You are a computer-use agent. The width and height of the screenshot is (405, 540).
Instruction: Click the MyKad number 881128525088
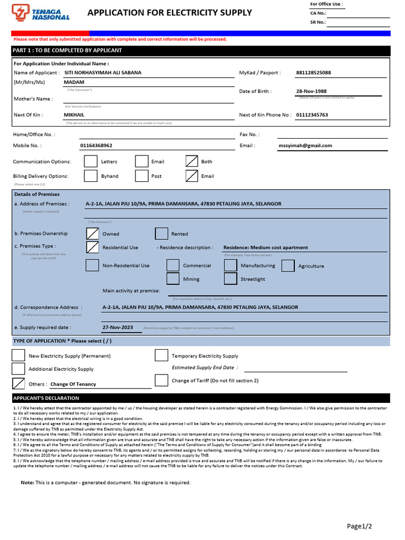pos(314,73)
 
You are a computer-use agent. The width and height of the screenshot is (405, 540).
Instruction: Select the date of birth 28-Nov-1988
pos(311,91)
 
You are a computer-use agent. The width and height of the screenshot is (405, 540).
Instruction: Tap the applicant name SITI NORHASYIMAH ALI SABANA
pos(103,73)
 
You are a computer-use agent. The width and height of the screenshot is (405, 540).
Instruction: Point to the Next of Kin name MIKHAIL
pos(74,114)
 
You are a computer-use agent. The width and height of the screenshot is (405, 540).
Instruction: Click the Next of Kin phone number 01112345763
pos(312,114)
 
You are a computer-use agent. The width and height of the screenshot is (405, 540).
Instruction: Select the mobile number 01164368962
pos(96,146)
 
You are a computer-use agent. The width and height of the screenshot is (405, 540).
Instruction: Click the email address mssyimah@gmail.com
pos(305,146)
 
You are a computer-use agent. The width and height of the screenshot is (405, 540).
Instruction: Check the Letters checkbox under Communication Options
pos(91,161)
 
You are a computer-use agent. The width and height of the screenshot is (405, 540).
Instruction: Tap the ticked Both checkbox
pos(192,161)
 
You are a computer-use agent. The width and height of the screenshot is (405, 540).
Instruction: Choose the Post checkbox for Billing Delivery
pos(141,176)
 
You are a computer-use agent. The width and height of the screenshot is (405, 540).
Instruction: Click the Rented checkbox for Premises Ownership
pos(161,234)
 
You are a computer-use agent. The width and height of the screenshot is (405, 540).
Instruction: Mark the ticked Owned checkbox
pos(92,234)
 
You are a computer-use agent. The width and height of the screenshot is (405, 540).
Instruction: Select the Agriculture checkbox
pos(288,266)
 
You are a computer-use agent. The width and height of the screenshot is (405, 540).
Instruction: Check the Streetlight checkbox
pos(230,279)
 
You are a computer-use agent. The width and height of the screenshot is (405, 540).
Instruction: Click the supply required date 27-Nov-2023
pos(118,327)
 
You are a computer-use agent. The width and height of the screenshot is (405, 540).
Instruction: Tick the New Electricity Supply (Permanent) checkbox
pos(18,356)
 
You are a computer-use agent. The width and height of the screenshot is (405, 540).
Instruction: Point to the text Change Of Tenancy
pos(73,384)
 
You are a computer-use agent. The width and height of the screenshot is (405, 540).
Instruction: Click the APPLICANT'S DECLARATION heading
pos(46,398)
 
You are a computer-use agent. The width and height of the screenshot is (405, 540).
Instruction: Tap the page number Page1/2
pos(359,526)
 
